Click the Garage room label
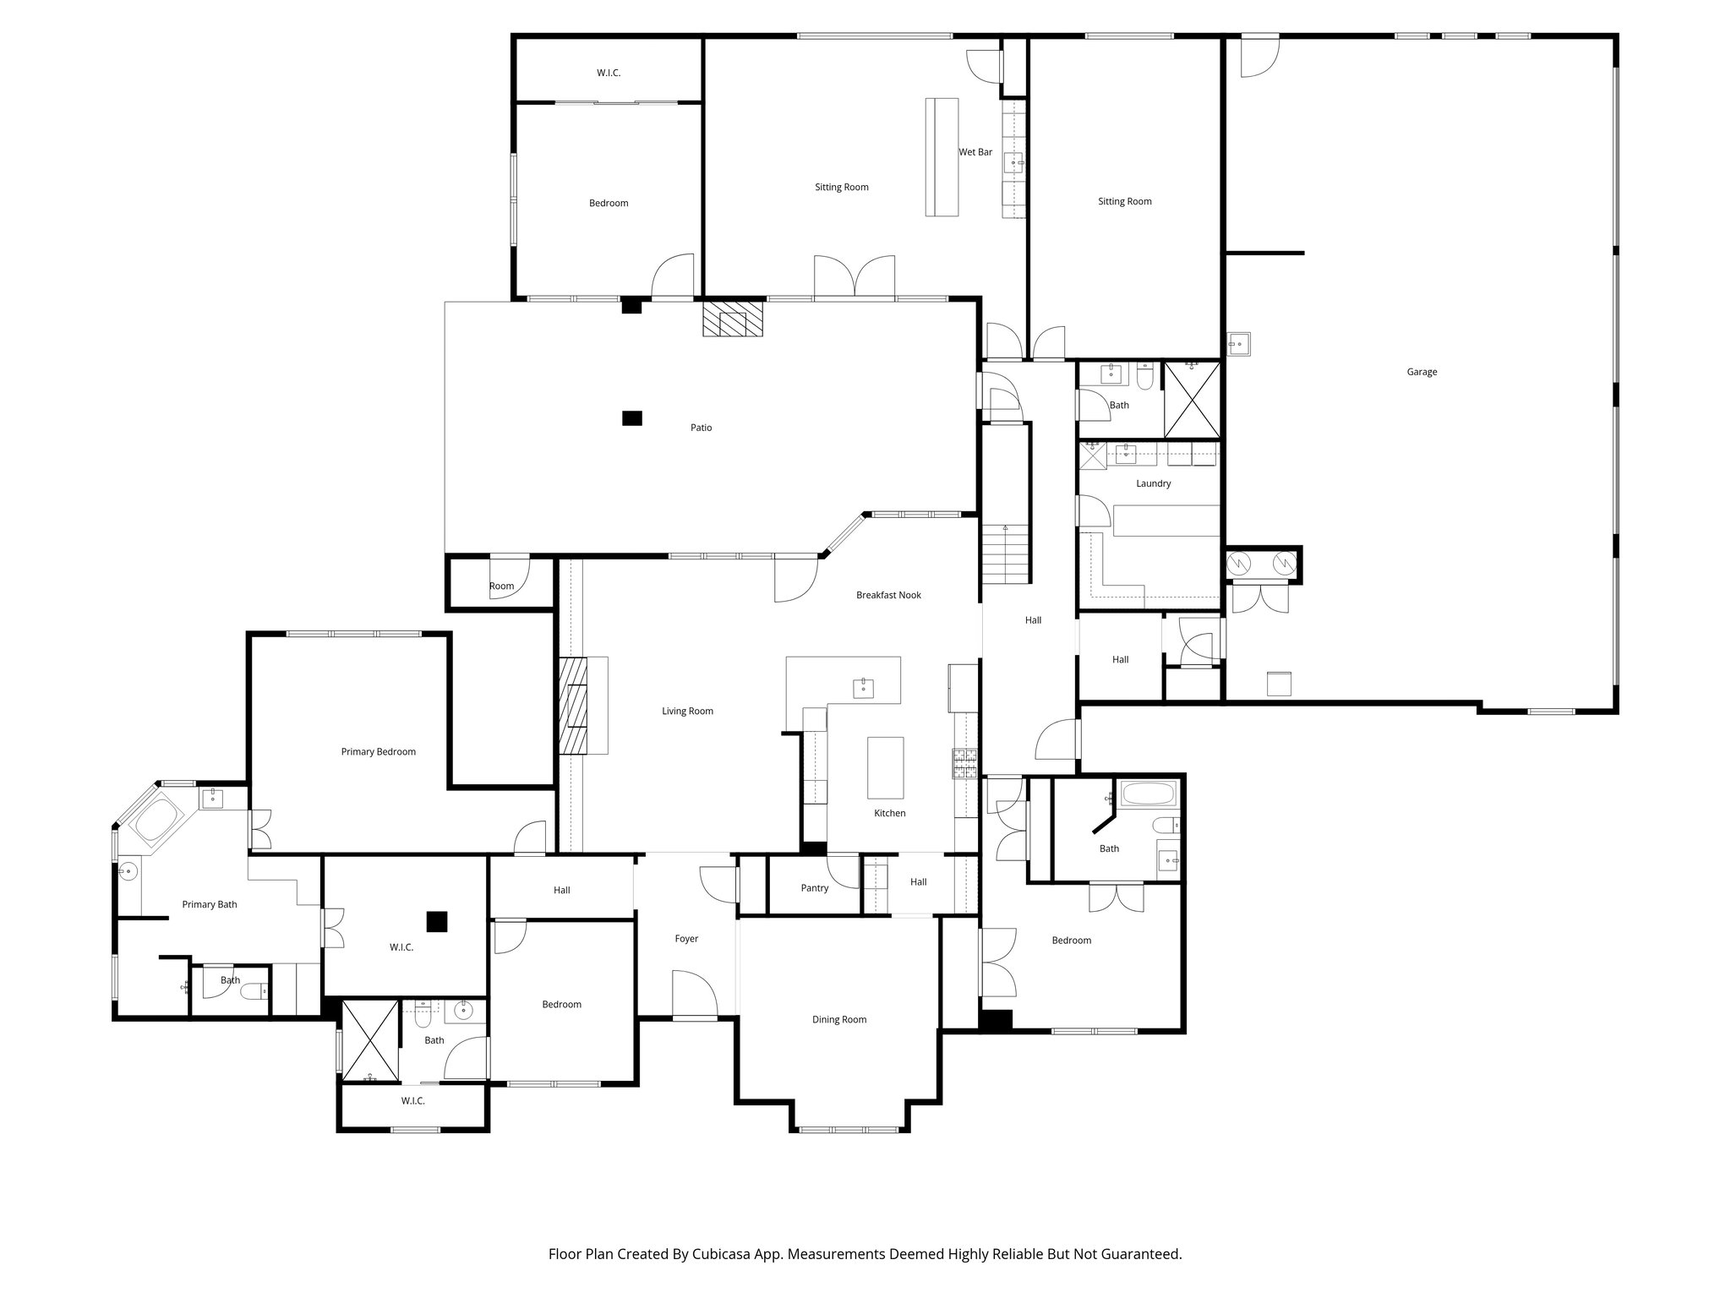(x=1422, y=372)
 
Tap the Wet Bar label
(x=975, y=152)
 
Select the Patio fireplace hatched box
(x=732, y=320)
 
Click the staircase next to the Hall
(x=1005, y=554)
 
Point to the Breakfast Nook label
(x=888, y=595)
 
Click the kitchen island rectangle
(x=885, y=767)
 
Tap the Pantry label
(x=814, y=888)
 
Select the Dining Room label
(x=838, y=1019)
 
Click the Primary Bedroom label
(x=378, y=751)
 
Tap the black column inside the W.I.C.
(x=436, y=921)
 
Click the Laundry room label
(x=1153, y=483)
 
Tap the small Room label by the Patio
(x=501, y=586)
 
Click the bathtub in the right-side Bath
(x=1147, y=794)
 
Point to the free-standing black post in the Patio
(x=631, y=417)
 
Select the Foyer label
(x=686, y=938)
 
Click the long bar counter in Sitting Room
(x=942, y=157)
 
